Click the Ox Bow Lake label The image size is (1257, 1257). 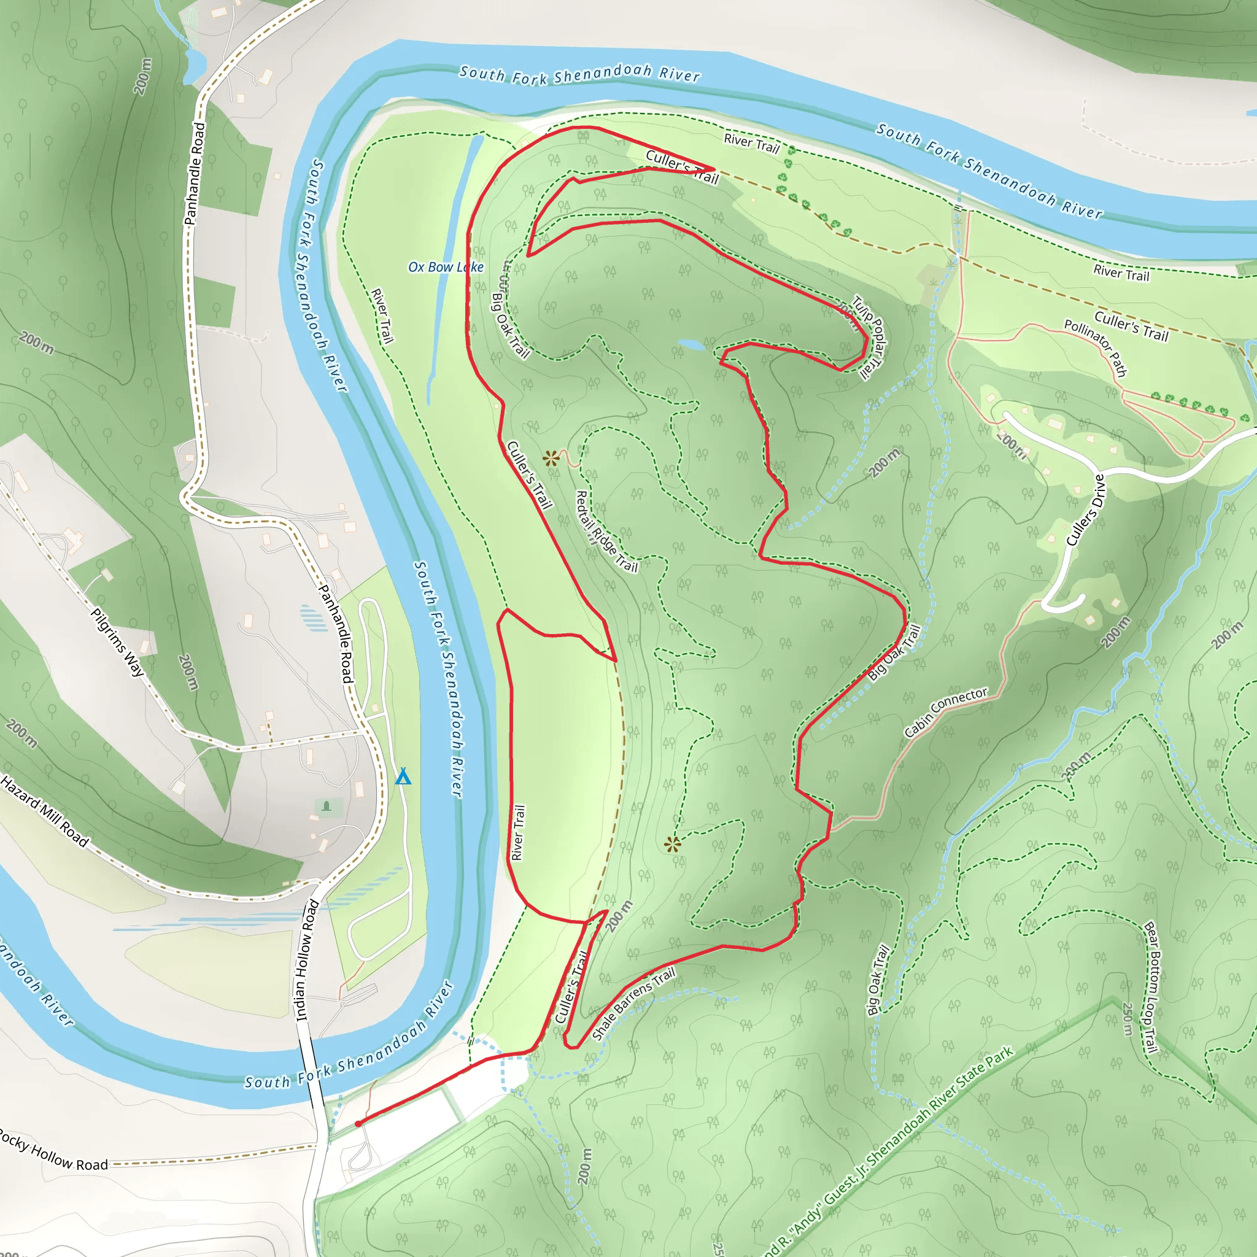(x=446, y=267)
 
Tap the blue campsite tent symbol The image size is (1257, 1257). (x=403, y=776)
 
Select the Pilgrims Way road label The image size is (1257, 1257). (x=117, y=642)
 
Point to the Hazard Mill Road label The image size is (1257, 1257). (x=44, y=811)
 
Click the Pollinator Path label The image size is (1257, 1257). (x=1096, y=347)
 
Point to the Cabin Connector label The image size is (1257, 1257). (x=946, y=713)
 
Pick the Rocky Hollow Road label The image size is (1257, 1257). (x=52, y=1150)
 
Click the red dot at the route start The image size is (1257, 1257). (x=358, y=1124)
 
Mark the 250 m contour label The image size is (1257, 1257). (x=1127, y=1019)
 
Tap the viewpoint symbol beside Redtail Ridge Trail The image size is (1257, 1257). (x=551, y=457)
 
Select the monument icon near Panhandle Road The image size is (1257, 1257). (x=327, y=806)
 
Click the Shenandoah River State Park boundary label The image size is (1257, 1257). (x=891, y=1151)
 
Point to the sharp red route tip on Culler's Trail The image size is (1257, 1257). (x=713, y=171)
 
